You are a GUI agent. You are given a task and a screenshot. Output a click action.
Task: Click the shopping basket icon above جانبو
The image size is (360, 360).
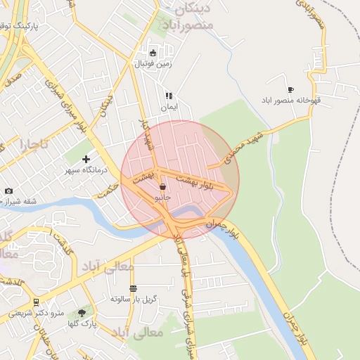click(163, 187)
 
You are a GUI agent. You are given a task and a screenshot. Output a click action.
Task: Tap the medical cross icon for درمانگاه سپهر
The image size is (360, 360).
click(86, 160)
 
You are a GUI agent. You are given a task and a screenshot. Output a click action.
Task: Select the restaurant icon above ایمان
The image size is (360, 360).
click(169, 96)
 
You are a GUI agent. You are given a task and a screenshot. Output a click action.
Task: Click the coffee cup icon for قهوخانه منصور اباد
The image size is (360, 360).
click(290, 89)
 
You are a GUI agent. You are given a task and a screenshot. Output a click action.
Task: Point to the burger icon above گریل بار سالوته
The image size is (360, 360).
click(133, 288)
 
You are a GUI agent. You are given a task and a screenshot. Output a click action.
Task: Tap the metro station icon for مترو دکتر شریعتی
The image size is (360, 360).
click(36, 302)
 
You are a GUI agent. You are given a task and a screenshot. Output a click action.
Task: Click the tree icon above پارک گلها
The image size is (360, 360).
click(82, 312)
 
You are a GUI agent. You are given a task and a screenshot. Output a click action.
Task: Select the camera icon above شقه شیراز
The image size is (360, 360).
click(8, 191)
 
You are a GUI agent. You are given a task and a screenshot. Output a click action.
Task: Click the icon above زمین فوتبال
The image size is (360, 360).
click(153, 52)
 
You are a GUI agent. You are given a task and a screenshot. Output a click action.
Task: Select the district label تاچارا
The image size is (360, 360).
click(34, 145)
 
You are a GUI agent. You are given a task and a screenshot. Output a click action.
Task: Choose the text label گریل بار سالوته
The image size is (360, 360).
click(133, 299)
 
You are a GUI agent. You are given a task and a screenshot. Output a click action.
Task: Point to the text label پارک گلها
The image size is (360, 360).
click(84, 323)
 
